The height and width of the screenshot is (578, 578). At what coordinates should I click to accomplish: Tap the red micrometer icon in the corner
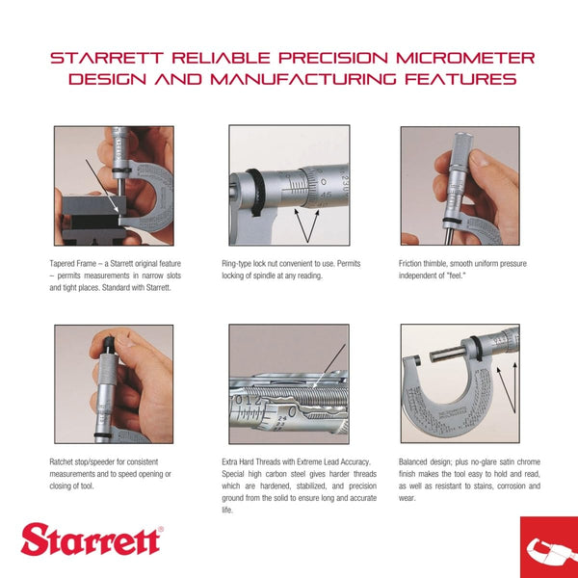(x=547, y=547)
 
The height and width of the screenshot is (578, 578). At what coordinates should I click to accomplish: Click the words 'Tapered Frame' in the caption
(x=74, y=263)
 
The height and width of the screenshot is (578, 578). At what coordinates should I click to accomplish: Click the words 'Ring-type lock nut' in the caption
(x=255, y=263)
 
